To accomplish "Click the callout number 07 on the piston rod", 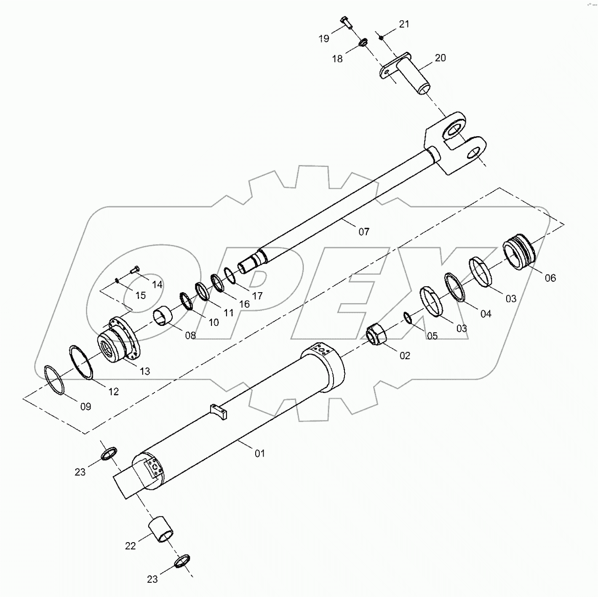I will click(364, 231).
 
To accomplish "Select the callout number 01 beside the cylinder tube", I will click(260, 453).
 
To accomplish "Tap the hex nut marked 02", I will click(375, 333).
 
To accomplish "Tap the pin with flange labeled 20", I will click(408, 74).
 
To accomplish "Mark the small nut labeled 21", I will click(381, 38).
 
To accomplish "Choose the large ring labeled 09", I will click(54, 380).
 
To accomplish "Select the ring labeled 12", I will click(80, 362).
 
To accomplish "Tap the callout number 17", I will click(257, 296).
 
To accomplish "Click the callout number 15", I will click(140, 295).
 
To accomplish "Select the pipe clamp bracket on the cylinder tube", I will click(219, 411).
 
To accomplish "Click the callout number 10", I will click(214, 323).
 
